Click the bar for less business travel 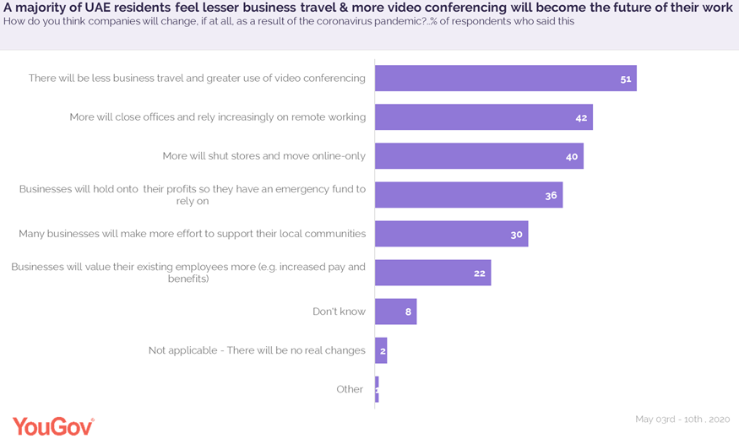[x=505, y=79]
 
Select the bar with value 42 [x=483, y=117]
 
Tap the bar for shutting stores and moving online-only [x=479, y=156]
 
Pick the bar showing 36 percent [x=468, y=195]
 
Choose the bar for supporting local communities [x=451, y=234]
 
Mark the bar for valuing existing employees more [x=432, y=273]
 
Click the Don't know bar [x=395, y=311]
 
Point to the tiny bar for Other [x=377, y=389]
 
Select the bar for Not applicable [x=381, y=350]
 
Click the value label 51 [x=626, y=79]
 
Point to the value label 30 [x=517, y=235]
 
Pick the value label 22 [x=480, y=273]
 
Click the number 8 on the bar [x=408, y=312]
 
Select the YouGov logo [x=52, y=425]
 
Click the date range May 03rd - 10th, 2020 [x=682, y=420]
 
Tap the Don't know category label [x=339, y=311]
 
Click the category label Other [x=350, y=389]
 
